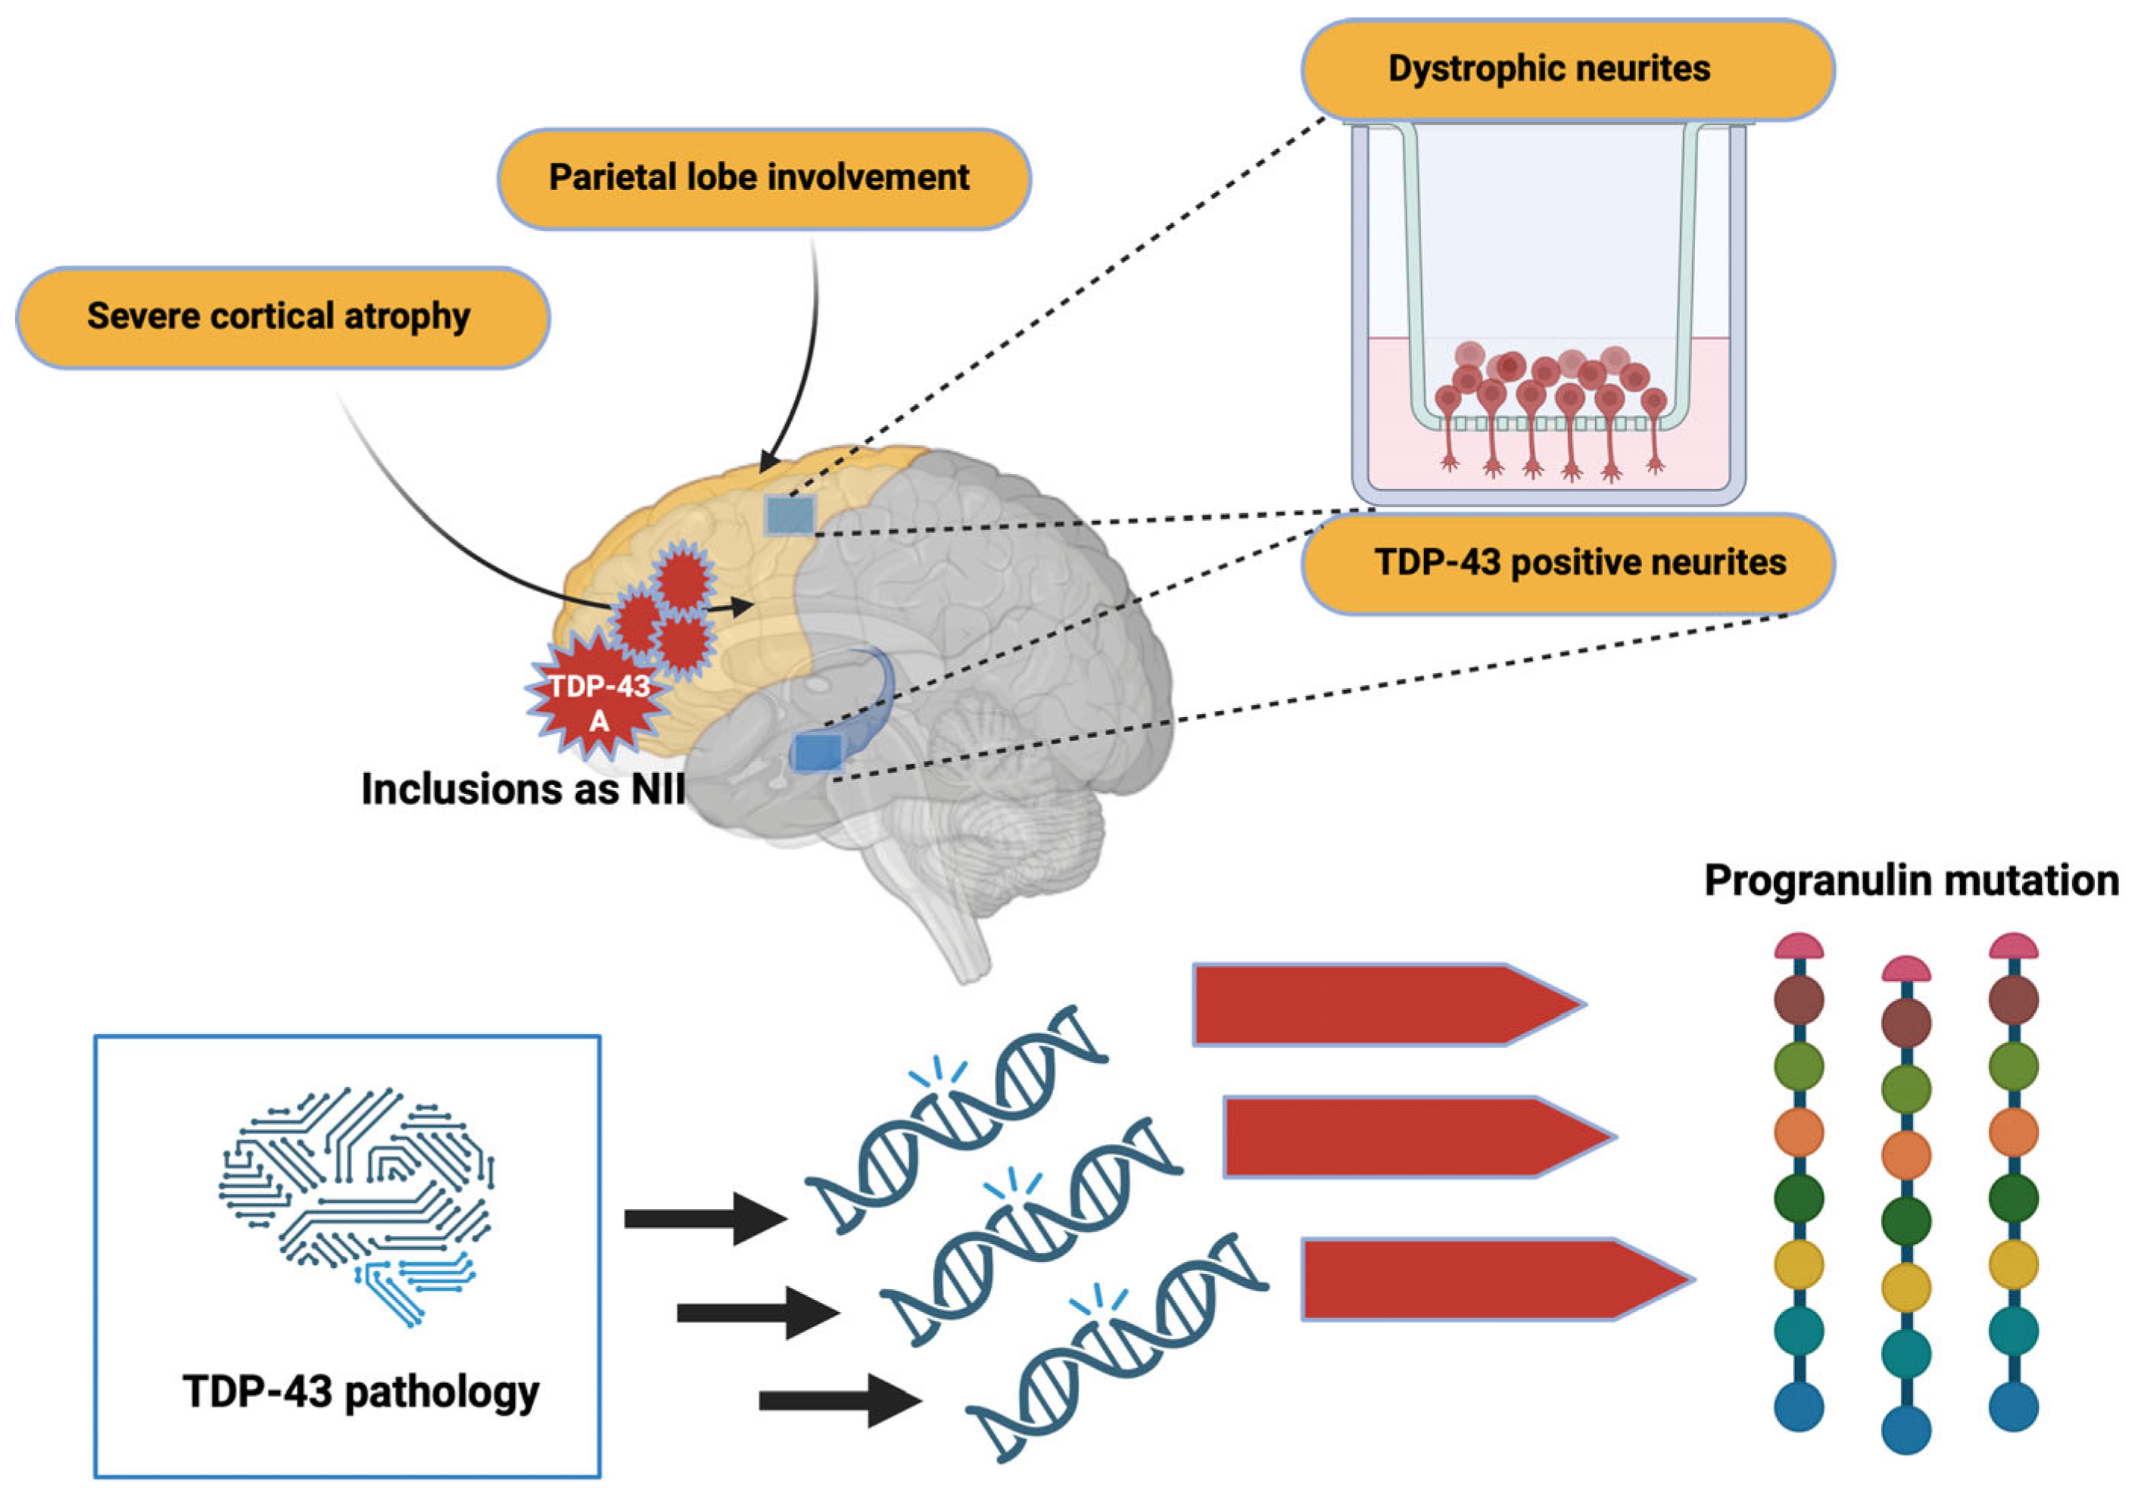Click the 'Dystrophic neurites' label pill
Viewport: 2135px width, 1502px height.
1567,70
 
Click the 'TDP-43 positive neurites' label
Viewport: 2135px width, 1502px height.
1567,562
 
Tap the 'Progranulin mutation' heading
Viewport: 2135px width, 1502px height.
1911,880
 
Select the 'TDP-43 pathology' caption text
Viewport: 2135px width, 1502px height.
361,1392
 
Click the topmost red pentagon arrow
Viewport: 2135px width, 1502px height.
1385,1005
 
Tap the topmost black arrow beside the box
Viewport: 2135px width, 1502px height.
705,1218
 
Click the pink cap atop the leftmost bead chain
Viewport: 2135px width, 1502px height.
1798,948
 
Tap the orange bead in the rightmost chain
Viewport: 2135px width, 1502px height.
2013,1132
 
